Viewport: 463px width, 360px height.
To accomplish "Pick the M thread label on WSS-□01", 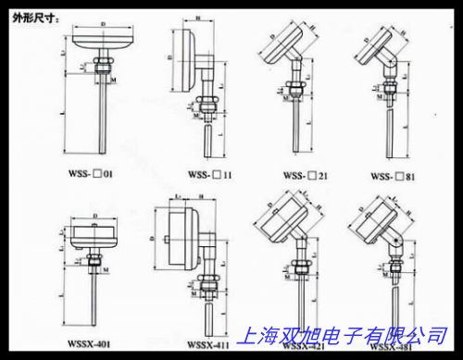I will [x=112, y=81].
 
